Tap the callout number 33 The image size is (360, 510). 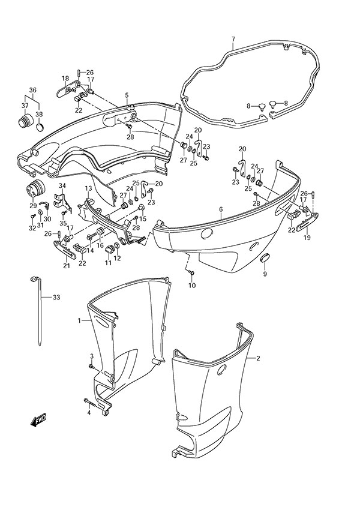click(56, 297)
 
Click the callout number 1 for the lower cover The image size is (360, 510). click(79, 322)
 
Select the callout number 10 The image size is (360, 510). click(192, 285)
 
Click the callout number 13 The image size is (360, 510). click(88, 188)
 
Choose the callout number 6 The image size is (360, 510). click(220, 209)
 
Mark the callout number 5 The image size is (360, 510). click(127, 95)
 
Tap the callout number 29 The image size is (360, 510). click(31, 206)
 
